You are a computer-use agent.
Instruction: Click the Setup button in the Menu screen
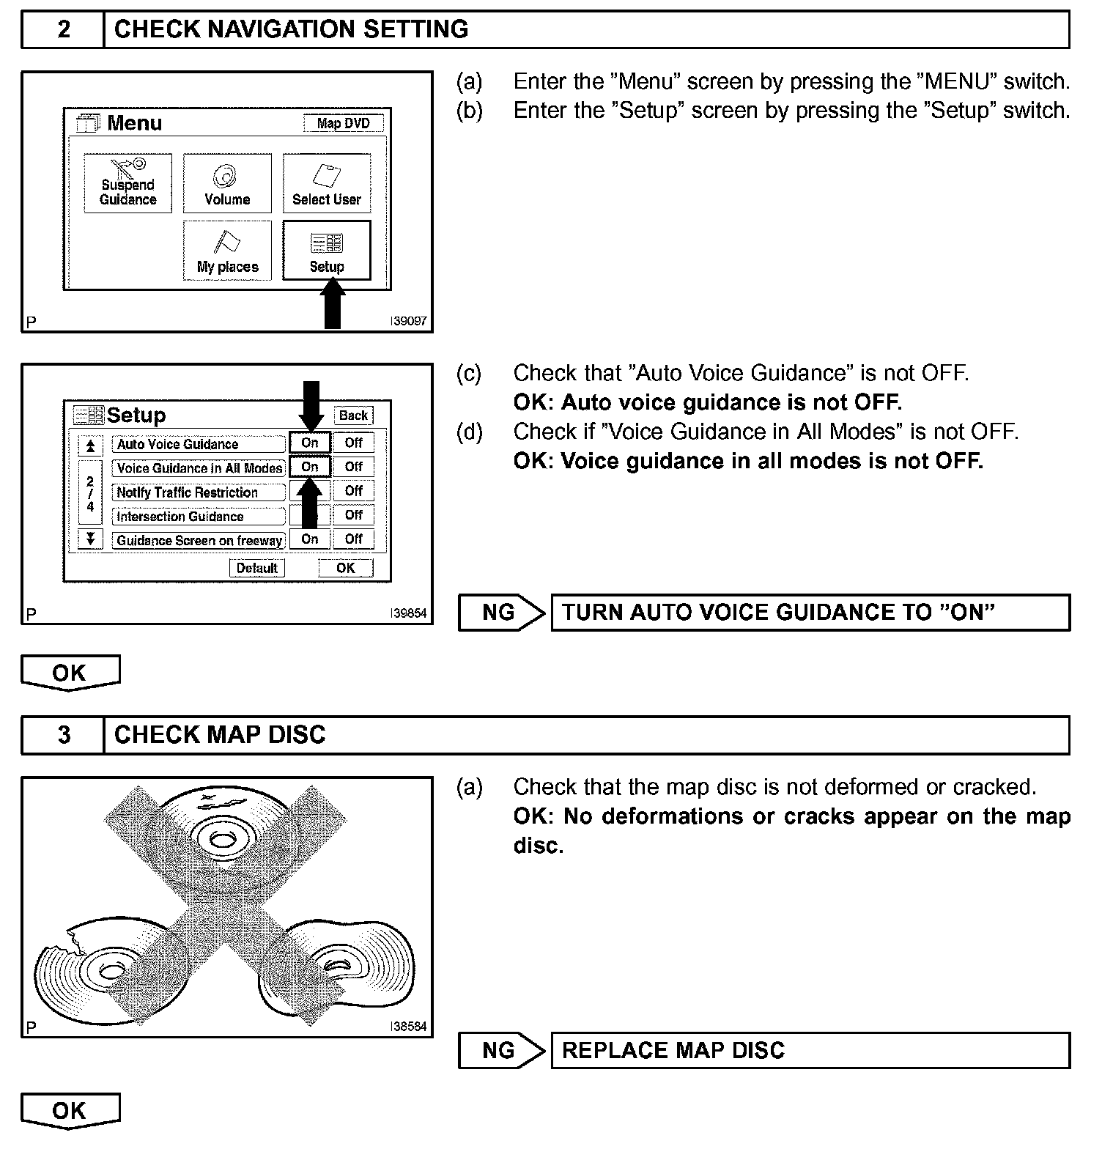point(327,251)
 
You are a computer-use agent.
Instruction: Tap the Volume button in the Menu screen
point(227,184)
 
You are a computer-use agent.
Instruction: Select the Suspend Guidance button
point(128,184)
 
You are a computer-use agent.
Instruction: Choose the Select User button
point(327,184)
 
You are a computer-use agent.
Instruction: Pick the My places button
point(227,251)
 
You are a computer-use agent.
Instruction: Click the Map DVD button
point(343,123)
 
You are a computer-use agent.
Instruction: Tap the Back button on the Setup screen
point(353,415)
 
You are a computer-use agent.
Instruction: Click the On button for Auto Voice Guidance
point(310,443)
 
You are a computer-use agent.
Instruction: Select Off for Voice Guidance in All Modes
point(354,467)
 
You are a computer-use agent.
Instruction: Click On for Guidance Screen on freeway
point(310,539)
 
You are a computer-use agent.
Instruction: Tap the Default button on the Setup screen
point(256,568)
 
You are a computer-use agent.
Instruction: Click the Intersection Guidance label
point(180,517)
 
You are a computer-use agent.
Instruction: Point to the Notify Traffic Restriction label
point(188,492)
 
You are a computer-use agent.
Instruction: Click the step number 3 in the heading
point(64,735)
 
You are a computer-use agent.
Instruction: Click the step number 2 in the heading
point(64,29)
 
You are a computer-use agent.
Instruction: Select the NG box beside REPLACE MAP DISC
point(500,1051)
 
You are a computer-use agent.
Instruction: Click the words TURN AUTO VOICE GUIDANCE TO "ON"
point(778,613)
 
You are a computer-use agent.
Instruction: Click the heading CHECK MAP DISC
point(220,735)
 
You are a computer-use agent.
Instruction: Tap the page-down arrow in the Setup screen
point(90,539)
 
